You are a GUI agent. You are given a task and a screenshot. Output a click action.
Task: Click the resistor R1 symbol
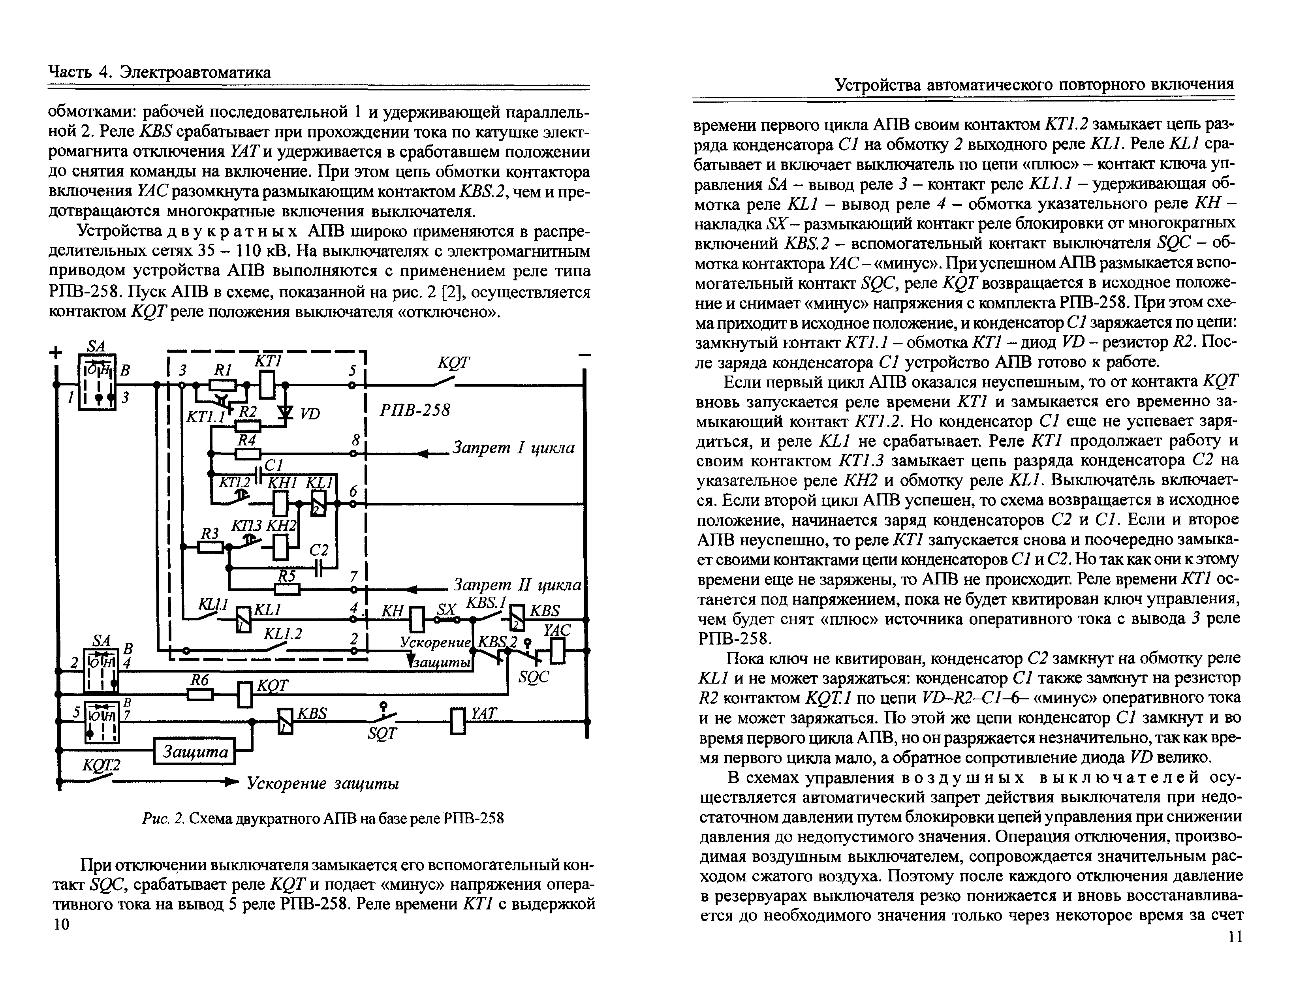pyautogui.click(x=224, y=385)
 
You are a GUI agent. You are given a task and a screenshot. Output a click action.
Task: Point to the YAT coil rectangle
pyautogui.click(x=458, y=721)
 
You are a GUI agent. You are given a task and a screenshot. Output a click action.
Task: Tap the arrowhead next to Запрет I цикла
pyautogui.click(x=422, y=454)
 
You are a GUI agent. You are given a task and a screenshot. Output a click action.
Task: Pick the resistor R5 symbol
pyautogui.click(x=288, y=589)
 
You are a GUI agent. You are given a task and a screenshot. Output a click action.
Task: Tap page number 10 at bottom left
pyautogui.click(x=61, y=924)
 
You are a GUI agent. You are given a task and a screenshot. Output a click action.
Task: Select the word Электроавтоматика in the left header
pyautogui.click(x=195, y=72)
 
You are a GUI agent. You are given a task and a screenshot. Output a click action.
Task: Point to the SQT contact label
pyautogui.click(x=382, y=734)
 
